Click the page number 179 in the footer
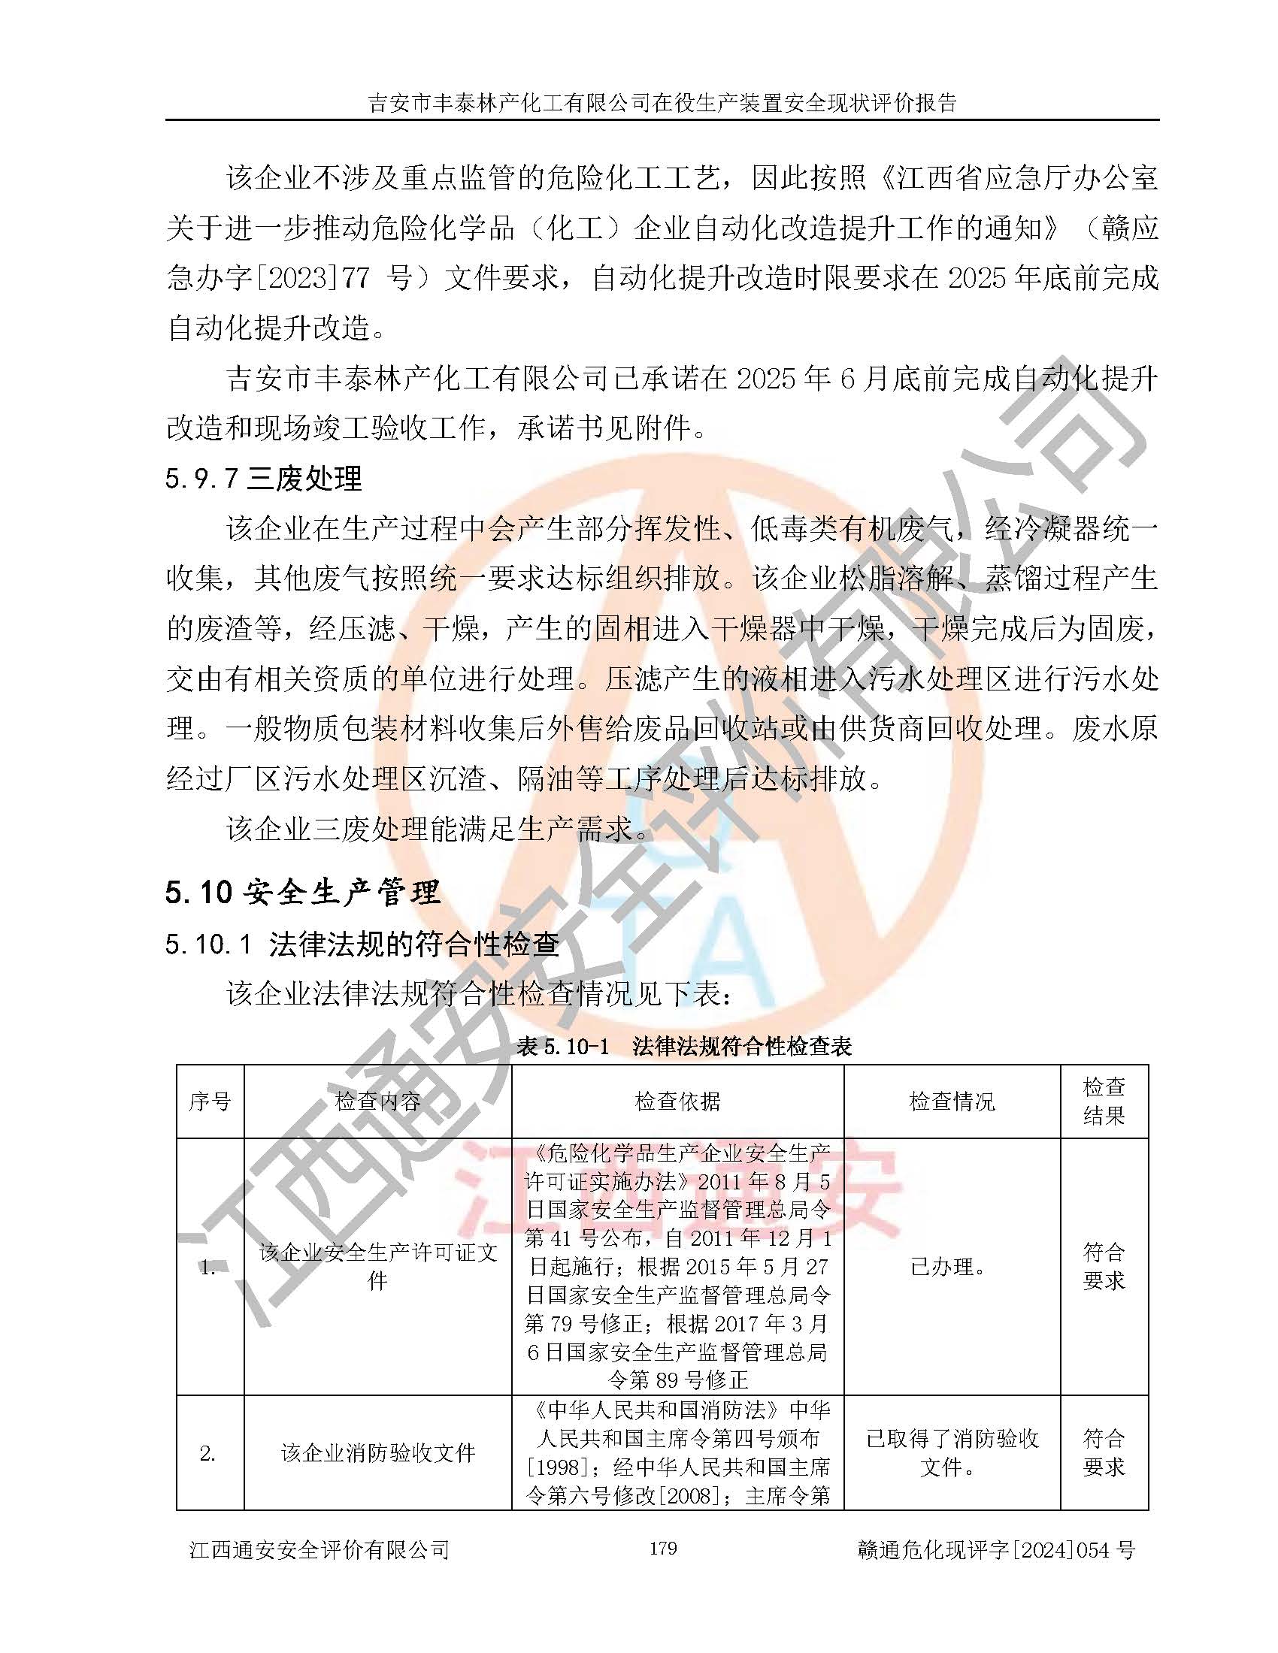[x=662, y=1548]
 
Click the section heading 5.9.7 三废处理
[x=263, y=479]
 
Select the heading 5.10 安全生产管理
[x=302, y=892]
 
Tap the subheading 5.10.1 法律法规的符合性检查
[x=362, y=944]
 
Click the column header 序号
[x=210, y=1101]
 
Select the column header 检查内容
[x=377, y=1101]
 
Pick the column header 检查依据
[x=677, y=1101]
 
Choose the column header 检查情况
[x=951, y=1101]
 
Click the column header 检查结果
[x=1103, y=1101]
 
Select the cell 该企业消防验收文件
[x=377, y=1452]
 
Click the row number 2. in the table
[x=208, y=1452]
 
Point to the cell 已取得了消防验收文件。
[x=951, y=1452]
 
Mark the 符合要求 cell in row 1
[x=1103, y=1266]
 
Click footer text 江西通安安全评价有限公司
[x=319, y=1549]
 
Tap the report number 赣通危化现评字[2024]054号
[x=995, y=1549]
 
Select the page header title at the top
[x=662, y=102]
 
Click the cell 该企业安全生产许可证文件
[x=377, y=1266]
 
